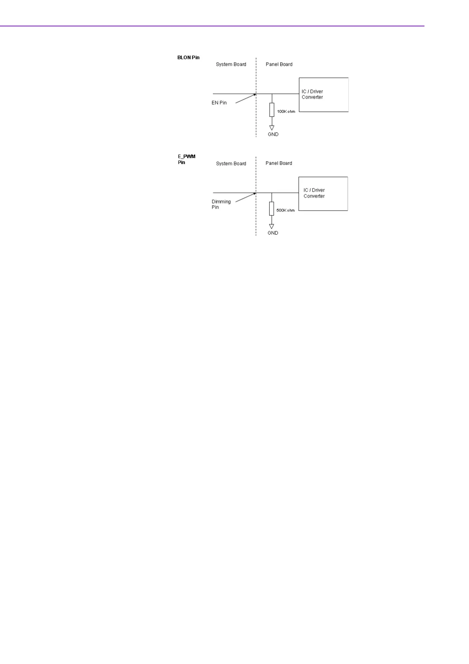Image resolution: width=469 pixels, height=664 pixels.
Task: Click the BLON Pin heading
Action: [x=188, y=58]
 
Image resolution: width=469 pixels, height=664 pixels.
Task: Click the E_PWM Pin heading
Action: [x=186, y=159]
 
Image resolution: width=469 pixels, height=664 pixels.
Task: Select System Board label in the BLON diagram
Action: [x=231, y=64]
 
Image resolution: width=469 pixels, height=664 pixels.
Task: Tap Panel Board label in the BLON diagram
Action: [x=279, y=64]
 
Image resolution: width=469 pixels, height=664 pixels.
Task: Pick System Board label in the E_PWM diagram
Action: [x=231, y=164]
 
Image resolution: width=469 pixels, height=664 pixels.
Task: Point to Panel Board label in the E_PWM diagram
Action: [x=279, y=163]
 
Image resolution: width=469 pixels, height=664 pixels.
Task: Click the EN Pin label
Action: [x=219, y=103]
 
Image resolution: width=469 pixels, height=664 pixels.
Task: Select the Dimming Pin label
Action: [x=221, y=204]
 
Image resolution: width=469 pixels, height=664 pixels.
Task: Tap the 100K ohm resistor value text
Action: [x=286, y=112]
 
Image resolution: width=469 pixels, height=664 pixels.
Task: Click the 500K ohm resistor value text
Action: [x=285, y=211]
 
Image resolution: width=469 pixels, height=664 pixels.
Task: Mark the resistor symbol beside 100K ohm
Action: [x=272, y=110]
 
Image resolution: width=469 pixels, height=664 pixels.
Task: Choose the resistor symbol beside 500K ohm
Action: [x=272, y=209]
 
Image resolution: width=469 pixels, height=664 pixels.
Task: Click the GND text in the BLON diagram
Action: [x=273, y=134]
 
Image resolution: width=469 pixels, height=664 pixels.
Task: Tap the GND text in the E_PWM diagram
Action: [x=273, y=233]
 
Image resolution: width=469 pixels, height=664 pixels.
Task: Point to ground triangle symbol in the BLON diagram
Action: [x=272, y=128]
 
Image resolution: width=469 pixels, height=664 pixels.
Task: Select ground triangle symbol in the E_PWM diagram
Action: [x=272, y=226]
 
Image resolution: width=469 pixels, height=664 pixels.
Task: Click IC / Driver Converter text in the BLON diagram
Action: [x=312, y=94]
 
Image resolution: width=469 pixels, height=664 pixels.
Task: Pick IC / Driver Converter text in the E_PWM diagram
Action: [x=314, y=193]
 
